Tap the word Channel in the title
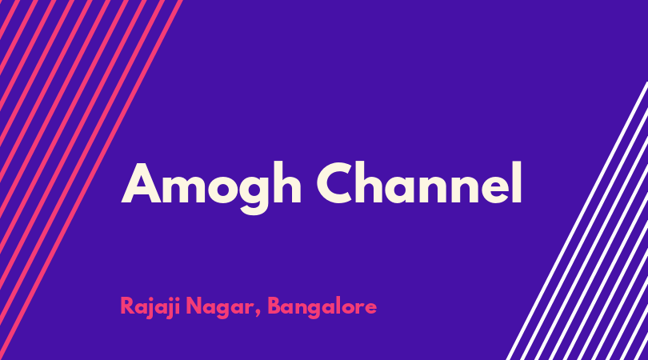pyautogui.click(x=419, y=182)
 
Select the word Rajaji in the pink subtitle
pyautogui.click(x=150, y=307)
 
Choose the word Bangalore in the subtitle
pyautogui.click(x=322, y=307)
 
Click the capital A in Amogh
pyautogui.click(x=141, y=183)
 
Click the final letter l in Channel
pyautogui.click(x=517, y=182)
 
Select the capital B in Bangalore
pyautogui.click(x=274, y=306)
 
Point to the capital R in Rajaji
pyautogui.click(x=126, y=306)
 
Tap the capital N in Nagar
pyautogui.click(x=194, y=306)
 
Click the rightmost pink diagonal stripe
pyautogui.click(x=90, y=180)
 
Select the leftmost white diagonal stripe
pyautogui.click(x=577, y=221)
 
